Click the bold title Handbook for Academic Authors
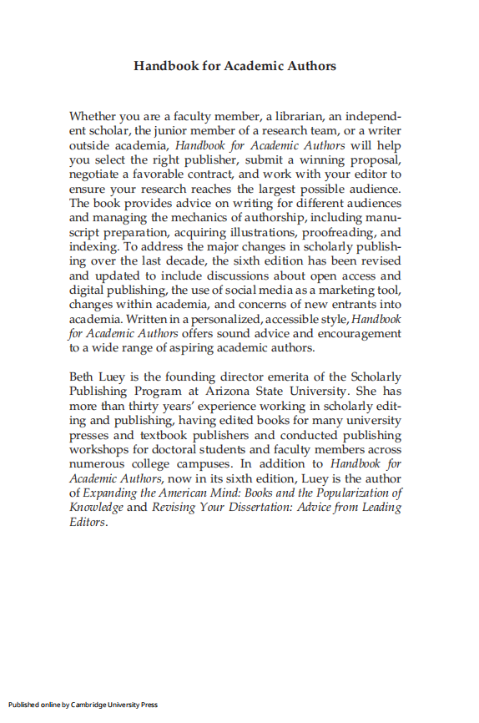tap(234, 65)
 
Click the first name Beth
tap(82, 377)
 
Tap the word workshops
tap(98, 450)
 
